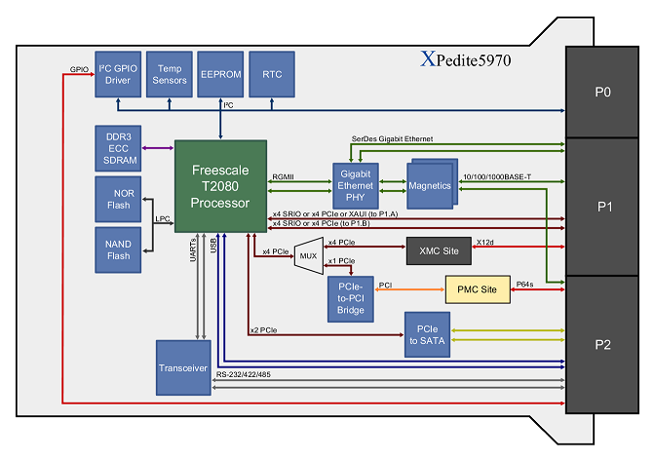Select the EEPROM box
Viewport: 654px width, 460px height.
220,73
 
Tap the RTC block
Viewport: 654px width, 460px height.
272,73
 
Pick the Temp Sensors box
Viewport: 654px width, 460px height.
170,73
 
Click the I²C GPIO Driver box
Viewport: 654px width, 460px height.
118,73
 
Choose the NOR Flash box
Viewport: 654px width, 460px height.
118,199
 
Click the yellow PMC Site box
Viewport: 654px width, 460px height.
477,289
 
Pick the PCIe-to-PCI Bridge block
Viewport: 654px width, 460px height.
350,296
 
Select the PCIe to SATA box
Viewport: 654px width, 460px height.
432,335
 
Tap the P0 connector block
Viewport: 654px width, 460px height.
601,94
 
